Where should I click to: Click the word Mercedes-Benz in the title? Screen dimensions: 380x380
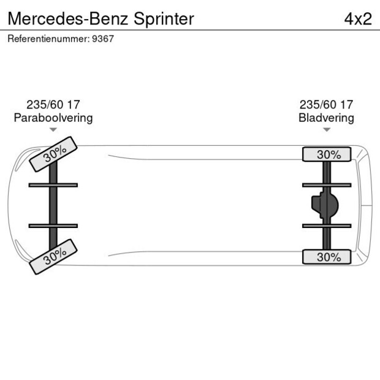pos(65,18)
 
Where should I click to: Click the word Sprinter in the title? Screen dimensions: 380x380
pos(161,18)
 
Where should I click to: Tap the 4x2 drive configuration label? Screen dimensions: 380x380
pos(358,18)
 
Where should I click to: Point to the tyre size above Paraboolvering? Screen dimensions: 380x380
pos(53,104)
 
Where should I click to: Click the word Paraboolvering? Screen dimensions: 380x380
pos(53,118)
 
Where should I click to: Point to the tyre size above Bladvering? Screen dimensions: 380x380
pos(327,104)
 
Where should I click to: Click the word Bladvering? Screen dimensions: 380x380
pos(327,118)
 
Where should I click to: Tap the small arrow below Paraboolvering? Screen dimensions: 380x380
pos(53,130)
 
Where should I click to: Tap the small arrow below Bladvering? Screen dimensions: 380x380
pos(327,130)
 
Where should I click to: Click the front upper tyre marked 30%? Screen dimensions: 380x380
pos(53,154)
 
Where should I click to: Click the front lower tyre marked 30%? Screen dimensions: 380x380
pos(53,257)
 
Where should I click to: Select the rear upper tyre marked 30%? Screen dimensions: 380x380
pos(327,154)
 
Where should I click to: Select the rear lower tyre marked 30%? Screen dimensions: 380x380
pos(327,257)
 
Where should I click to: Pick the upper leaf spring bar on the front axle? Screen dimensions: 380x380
pos(53,184)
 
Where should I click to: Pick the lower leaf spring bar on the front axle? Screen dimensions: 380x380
pos(53,226)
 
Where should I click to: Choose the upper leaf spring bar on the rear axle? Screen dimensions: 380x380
pos(327,184)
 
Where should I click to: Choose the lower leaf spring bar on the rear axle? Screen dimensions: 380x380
pos(327,226)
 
